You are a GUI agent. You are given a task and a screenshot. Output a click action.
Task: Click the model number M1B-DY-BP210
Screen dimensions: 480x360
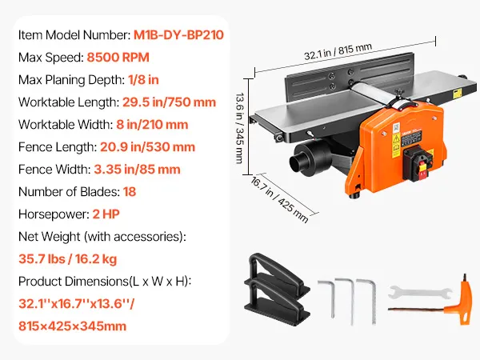(x=178, y=35)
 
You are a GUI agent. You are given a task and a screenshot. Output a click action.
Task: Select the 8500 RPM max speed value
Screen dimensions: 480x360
(x=118, y=58)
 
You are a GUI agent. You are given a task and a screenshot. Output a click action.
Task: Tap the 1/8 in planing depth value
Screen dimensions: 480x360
(x=143, y=79)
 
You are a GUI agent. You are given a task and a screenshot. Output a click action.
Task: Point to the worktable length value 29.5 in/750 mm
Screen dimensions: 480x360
(x=170, y=102)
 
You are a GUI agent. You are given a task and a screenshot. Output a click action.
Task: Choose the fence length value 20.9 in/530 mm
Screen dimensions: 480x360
(x=147, y=147)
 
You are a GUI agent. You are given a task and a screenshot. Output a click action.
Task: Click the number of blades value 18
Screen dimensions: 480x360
(x=130, y=192)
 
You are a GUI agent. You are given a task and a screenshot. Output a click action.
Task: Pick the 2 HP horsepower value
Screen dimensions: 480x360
(x=106, y=214)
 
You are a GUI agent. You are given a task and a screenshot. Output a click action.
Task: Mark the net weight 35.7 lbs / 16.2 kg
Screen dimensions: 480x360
(x=68, y=259)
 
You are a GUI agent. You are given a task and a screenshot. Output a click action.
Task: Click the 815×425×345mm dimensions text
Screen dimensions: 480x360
(x=72, y=326)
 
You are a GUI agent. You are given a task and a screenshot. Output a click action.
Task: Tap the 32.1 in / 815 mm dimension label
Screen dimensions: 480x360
(x=338, y=51)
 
